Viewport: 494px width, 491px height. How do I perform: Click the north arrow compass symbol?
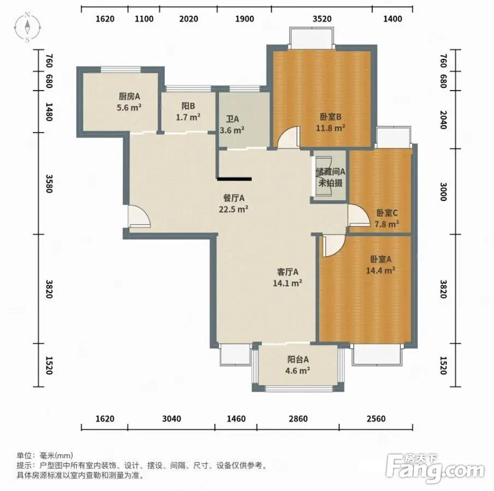coord(27,27)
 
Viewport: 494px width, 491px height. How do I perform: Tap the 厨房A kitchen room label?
coord(129,97)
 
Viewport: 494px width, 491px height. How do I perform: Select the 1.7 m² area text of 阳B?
coord(188,117)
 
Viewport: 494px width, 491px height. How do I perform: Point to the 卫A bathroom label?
coord(232,119)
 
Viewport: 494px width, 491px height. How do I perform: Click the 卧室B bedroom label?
coord(330,117)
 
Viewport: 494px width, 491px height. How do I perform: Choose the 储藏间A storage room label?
coord(330,172)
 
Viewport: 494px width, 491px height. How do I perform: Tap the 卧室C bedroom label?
coord(387,213)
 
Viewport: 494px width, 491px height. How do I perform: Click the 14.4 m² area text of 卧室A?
coord(380,270)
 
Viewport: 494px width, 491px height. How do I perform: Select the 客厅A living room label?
coord(287,272)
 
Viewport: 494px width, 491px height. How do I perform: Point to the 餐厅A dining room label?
coord(234,198)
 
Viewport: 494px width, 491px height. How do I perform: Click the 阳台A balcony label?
coord(297,360)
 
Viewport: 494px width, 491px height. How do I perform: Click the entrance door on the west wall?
coord(139,216)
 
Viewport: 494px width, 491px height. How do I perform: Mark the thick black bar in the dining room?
coord(234,179)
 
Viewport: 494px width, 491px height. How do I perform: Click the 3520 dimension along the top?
coord(322,19)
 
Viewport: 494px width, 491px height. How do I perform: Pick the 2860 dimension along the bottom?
coord(298,418)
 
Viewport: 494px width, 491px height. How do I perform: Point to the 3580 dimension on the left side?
coord(49,184)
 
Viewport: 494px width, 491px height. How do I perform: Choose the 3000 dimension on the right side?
coord(443,192)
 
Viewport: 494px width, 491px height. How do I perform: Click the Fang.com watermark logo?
coord(435,468)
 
